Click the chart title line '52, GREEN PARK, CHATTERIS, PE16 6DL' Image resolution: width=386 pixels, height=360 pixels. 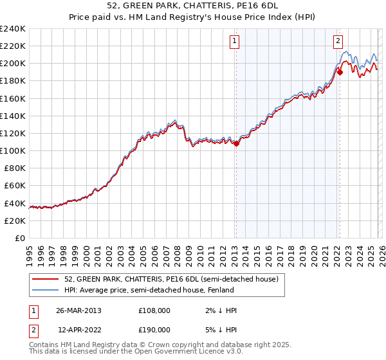point(192,6)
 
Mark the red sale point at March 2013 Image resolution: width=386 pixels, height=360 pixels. point(236,144)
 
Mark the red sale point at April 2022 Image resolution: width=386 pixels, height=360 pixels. point(339,73)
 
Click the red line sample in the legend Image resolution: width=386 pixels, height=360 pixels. point(46,279)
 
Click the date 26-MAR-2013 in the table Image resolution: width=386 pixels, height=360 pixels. point(78,310)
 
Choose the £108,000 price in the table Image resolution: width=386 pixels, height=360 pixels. point(154,310)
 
